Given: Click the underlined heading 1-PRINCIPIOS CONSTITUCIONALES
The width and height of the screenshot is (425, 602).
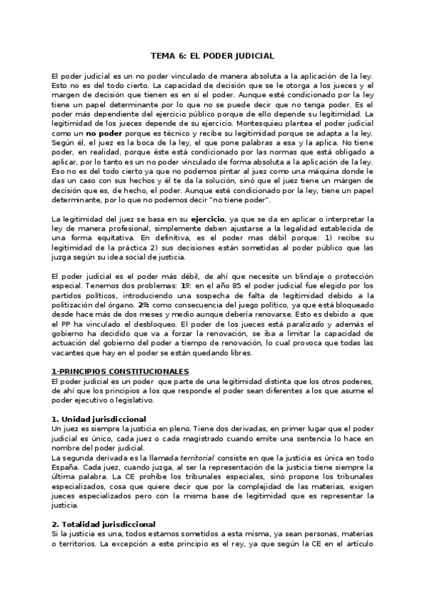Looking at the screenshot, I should coord(120,371).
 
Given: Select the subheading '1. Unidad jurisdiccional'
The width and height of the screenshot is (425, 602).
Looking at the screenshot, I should coord(99,419).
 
